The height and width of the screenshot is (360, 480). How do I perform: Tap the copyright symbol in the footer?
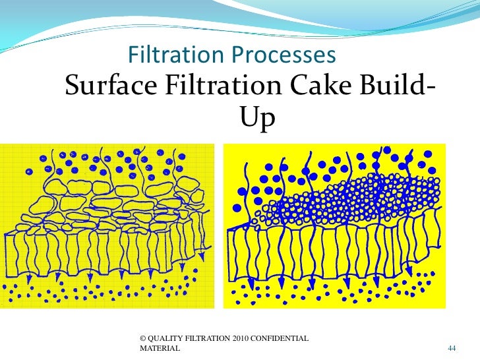(x=144, y=338)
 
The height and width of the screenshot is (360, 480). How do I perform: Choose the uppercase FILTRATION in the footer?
(x=208, y=338)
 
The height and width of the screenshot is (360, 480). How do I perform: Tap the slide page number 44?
(x=452, y=347)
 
